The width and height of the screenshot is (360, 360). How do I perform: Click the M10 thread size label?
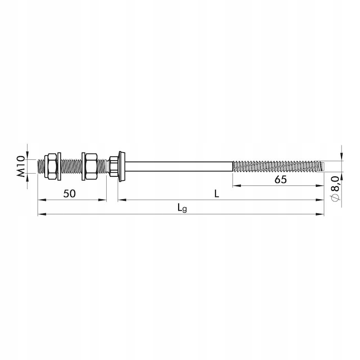pyautogui.click(x=21, y=166)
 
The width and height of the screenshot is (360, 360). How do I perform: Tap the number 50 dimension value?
pyautogui.click(x=69, y=194)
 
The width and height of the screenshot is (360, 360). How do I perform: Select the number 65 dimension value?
pyautogui.click(x=280, y=180)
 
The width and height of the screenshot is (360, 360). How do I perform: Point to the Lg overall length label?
pyautogui.click(x=182, y=208)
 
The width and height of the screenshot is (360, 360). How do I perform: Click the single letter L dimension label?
pyautogui.click(x=217, y=194)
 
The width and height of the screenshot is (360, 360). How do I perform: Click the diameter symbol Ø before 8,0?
pyautogui.click(x=335, y=197)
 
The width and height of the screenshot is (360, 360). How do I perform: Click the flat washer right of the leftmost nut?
pyautogui.click(x=59, y=166)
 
